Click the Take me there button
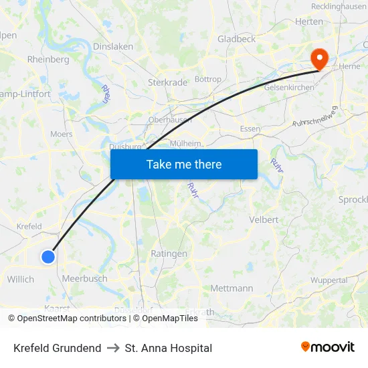point(184,164)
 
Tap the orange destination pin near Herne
point(320,59)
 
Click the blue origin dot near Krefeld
point(48,256)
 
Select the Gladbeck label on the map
point(236,39)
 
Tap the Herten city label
point(309,21)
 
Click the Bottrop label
point(207,79)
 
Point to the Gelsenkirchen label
point(290,88)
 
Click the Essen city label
point(250,128)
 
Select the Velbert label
point(263,219)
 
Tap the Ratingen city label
point(169,254)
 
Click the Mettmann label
point(232,288)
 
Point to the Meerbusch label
point(84,278)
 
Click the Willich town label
point(21,279)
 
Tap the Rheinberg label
point(48,60)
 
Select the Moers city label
point(61,134)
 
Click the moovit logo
point(328,347)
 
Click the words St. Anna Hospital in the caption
point(168,348)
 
